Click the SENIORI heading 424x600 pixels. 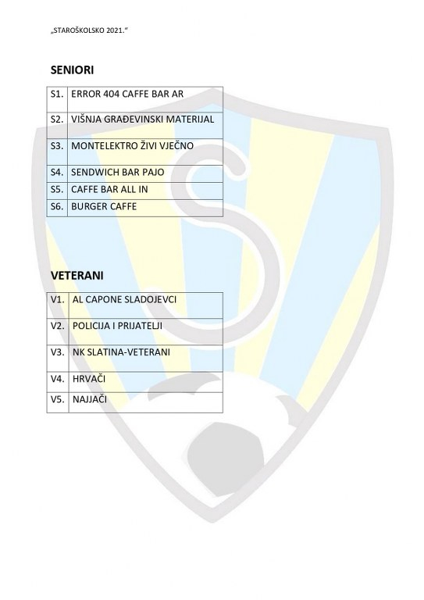tap(72, 70)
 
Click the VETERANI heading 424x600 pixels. tap(77, 276)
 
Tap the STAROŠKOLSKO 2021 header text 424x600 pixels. tap(89, 30)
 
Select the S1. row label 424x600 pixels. tap(57, 94)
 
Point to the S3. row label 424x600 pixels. tap(57, 146)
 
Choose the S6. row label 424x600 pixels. tap(57, 206)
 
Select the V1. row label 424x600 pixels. tap(57, 299)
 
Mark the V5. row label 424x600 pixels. tap(57, 400)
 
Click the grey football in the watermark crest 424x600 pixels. tap(226, 454)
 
